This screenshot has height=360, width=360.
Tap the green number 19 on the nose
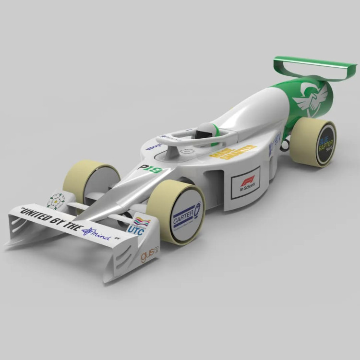click(155, 169)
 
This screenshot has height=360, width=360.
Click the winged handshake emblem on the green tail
click(309, 98)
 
